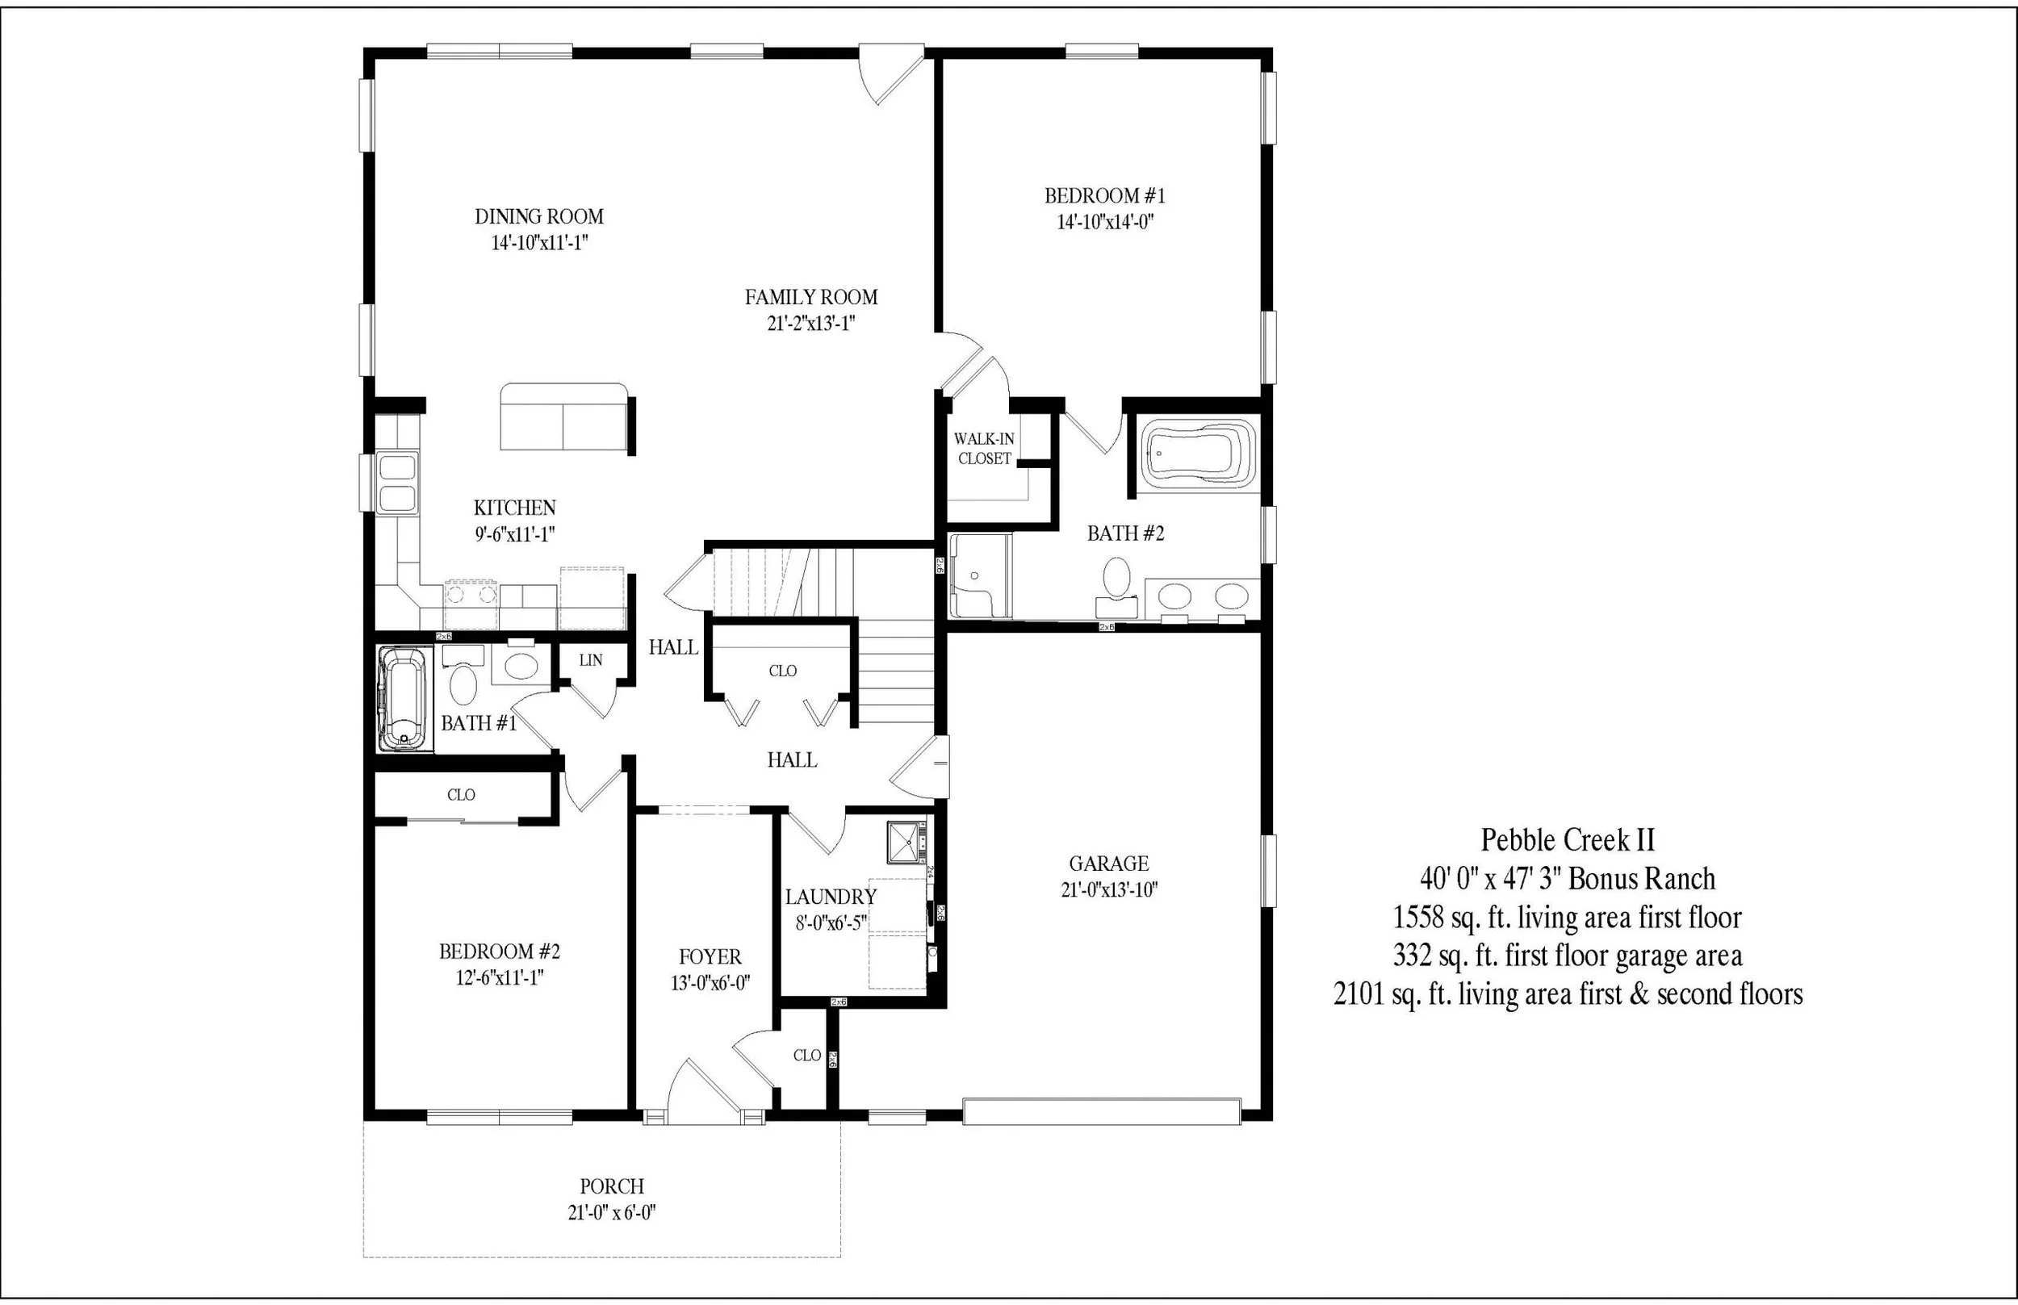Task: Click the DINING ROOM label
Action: click(x=539, y=217)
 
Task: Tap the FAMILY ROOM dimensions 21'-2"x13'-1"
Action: click(x=810, y=324)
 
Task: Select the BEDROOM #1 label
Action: click(x=1104, y=196)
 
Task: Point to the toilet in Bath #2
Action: click(x=1117, y=577)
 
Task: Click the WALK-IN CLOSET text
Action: click(x=984, y=448)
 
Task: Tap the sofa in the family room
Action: click(x=563, y=418)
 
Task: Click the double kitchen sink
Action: click(x=396, y=482)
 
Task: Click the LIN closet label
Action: click(x=591, y=660)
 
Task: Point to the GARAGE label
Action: click(x=1108, y=864)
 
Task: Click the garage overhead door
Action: click(x=1101, y=1111)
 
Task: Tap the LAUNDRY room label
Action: click(x=830, y=897)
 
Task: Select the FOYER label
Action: click(x=710, y=956)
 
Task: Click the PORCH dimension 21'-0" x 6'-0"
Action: click(x=612, y=1213)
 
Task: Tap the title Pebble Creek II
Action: click(x=1567, y=840)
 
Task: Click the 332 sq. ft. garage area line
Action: click(x=1567, y=956)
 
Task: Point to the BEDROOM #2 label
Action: click(x=499, y=952)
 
